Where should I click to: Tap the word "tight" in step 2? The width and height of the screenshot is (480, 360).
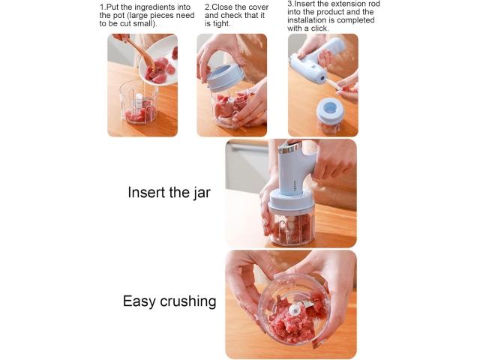point(220,23)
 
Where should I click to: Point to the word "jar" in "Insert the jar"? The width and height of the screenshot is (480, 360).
point(202,193)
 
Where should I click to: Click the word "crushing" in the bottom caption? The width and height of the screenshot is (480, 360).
point(188,301)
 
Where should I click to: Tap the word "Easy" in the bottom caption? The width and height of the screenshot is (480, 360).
point(139,301)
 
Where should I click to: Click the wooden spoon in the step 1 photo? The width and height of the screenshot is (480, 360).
point(142,53)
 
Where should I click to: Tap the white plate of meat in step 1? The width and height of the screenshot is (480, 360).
point(158,61)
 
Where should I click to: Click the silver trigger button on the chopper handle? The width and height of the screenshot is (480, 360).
point(290,148)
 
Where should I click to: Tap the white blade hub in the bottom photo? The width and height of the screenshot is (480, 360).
point(294,310)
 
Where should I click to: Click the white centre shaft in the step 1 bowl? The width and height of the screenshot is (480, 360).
point(139,100)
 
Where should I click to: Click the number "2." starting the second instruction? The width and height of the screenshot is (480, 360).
point(208,7)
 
